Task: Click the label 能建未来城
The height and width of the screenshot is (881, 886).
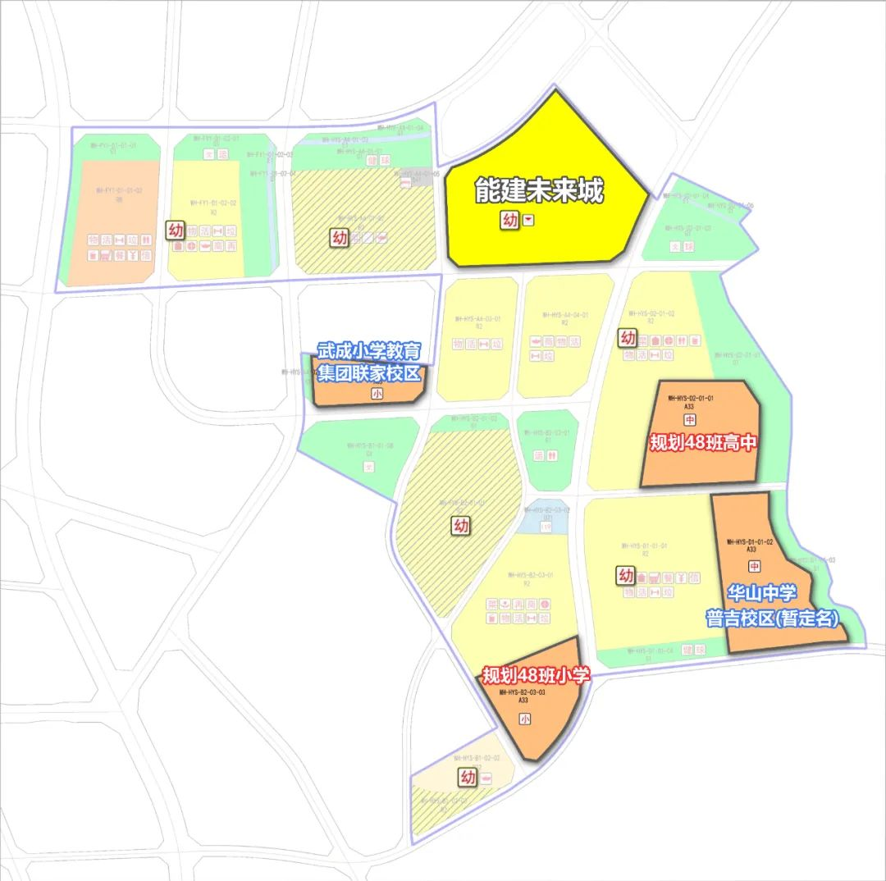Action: [539, 191]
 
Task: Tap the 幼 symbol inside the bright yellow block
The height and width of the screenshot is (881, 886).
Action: [510, 220]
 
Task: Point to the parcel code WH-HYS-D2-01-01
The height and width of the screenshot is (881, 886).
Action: [691, 398]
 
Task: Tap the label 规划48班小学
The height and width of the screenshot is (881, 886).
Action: [536, 676]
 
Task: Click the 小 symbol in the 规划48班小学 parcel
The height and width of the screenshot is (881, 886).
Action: [524, 719]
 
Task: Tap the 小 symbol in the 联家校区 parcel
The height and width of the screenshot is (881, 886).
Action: [377, 394]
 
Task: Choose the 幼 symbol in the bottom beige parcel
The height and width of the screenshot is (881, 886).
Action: [468, 777]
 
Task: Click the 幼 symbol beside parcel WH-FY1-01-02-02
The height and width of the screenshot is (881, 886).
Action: [176, 230]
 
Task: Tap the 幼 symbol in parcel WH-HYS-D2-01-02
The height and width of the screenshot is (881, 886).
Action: [628, 337]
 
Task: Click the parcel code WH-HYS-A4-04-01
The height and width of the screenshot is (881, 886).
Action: [565, 315]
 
